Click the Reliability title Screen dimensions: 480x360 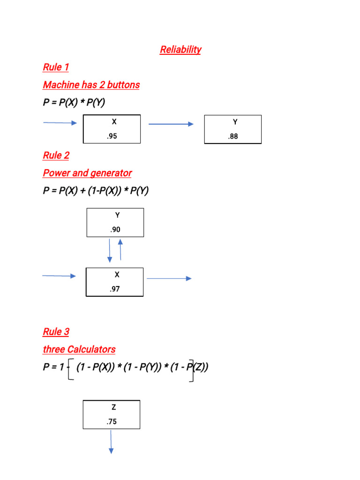[x=180, y=50]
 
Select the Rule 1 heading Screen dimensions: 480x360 [x=56, y=67]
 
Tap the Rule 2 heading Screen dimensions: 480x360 [x=56, y=155]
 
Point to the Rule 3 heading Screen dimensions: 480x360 [x=56, y=332]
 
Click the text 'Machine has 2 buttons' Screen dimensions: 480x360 [x=91, y=85]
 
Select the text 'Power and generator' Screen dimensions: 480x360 [x=87, y=173]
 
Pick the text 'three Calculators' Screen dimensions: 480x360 [x=79, y=349]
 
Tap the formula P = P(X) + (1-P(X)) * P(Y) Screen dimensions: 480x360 [x=96, y=191]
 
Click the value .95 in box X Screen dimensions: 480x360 [x=112, y=136]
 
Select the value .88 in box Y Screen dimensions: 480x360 [x=233, y=136]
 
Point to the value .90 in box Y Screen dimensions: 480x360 [x=115, y=230]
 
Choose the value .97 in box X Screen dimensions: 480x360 [x=114, y=289]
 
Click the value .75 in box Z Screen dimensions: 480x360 [x=112, y=421]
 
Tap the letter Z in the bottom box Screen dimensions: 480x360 [x=112, y=408]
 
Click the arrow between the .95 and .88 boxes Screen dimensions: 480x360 [x=171, y=124]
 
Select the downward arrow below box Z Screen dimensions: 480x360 [x=111, y=442]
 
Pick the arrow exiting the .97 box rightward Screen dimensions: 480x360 [x=169, y=278]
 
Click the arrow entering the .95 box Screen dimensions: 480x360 [x=60, y=123]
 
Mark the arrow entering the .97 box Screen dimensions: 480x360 [x=59, y=276]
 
